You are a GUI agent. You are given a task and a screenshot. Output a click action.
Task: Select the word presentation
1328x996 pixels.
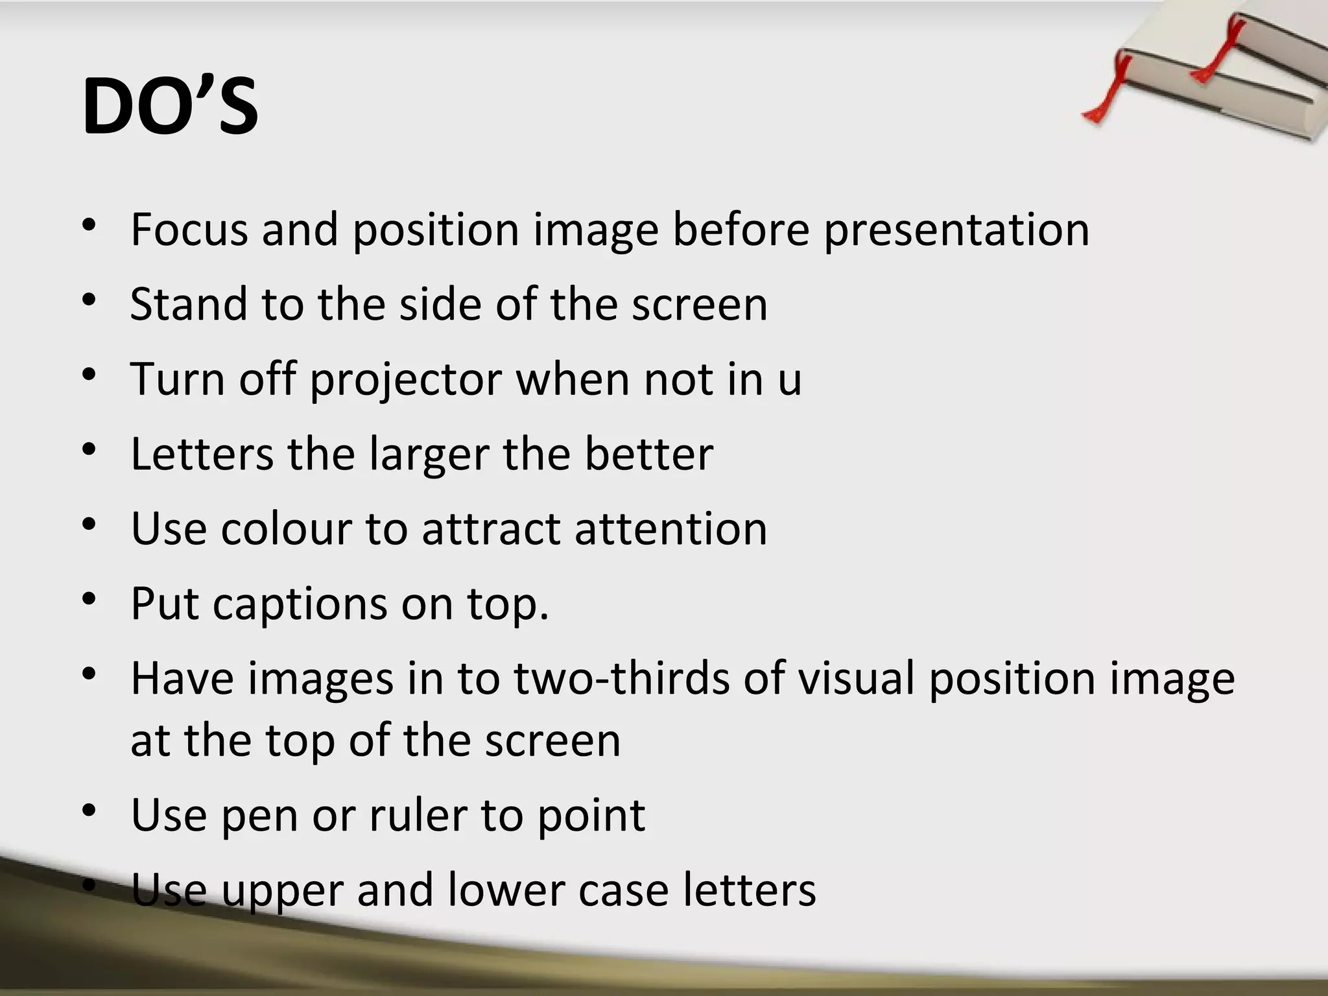pos(956,231)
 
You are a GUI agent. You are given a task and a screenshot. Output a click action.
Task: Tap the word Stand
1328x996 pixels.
pos(189,304)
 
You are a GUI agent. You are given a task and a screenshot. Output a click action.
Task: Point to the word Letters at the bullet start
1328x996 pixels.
pos(202,454)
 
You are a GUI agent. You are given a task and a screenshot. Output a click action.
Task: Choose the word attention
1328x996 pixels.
pos(670,528)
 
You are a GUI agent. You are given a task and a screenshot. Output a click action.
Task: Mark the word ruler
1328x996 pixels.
pos(418,815)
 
